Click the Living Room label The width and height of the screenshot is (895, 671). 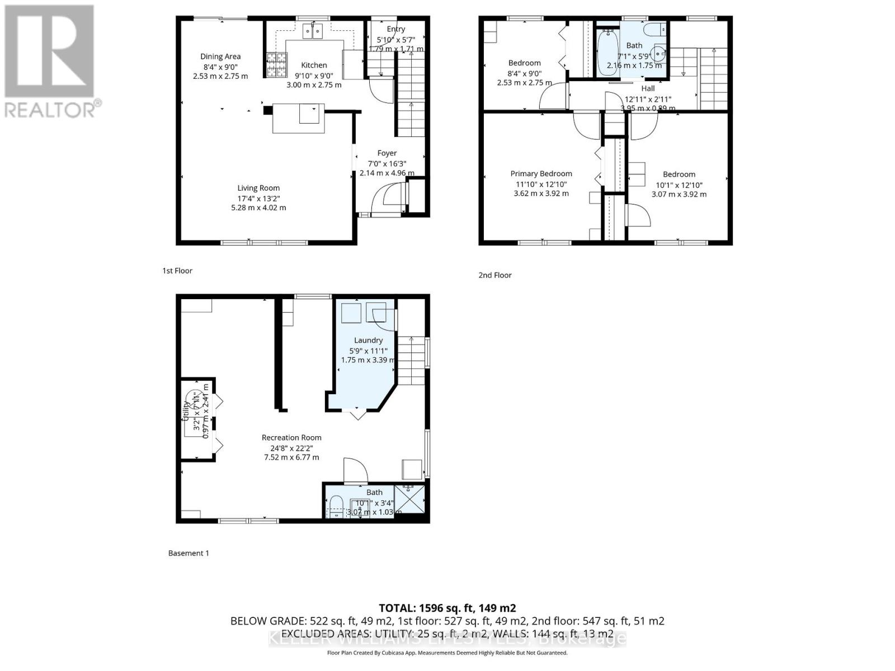[x=258, y=188]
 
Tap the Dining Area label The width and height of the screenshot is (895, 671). [x=220, y=56]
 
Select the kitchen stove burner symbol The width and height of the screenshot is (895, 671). [x=275, y=64]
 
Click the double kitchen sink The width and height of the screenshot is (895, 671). [x=313, y=31]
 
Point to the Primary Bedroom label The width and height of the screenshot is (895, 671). [x=541, y=174]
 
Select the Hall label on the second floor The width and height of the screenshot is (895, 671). [x=648, y=88]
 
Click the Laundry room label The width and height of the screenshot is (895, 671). [x=368, y=341]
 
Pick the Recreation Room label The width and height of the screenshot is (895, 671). [x=291, y=438]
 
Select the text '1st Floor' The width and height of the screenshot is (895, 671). [x=177, y=271]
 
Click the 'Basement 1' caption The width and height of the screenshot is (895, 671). [x=189, y=553]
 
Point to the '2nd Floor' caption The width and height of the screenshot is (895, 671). [x=495, y=275]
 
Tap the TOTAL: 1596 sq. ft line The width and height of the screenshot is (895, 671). [x=447, y=608]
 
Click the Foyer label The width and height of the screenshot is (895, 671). [x=387, y=153]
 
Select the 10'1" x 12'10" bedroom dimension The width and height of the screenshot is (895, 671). [x=679, y=185]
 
